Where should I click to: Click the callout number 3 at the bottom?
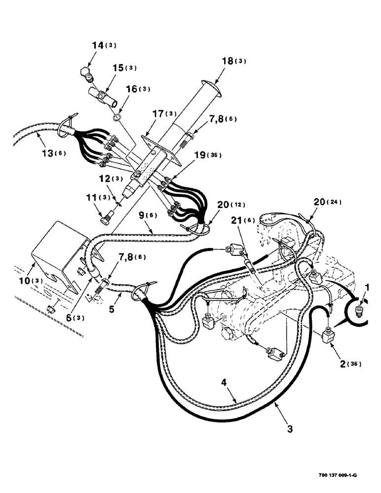(290, 428)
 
